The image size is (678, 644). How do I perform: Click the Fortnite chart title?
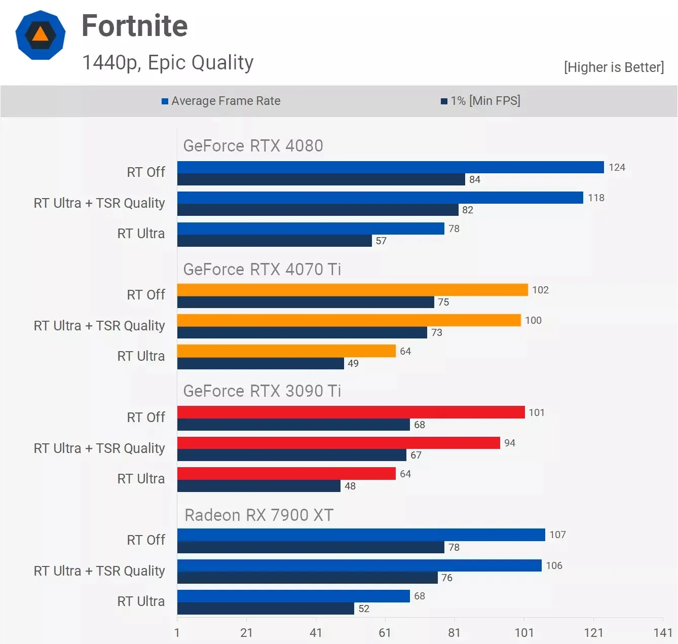[x=134, y=26]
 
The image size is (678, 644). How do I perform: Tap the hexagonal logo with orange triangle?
[x=41, y=35]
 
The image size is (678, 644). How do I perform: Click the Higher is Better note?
[x=613, y=67]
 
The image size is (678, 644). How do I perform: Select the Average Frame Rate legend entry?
[x=221, y=101]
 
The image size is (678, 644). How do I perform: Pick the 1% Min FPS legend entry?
[x=480, y=101]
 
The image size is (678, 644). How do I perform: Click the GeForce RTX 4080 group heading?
[x=253, y=146]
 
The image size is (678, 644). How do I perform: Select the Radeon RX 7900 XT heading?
[x=258, y=515]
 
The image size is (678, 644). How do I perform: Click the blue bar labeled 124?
[x=390, y=167]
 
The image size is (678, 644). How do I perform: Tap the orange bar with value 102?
[x=352, y=290]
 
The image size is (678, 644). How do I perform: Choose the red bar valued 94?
[x=338, y=443]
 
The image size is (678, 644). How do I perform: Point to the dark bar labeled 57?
[x=274, y=241]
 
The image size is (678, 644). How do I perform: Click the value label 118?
[x=596, y=198]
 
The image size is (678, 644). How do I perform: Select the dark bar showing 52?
[x=266, y=609]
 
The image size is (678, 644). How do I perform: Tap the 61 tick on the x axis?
[x=385, y=632]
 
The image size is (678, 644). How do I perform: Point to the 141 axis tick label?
[x=662, y=632]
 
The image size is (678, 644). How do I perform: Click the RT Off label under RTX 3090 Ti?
[x=146, y=417]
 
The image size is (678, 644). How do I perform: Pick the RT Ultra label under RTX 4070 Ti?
[x=141, y=356]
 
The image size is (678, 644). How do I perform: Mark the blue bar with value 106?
[x=359, y=565]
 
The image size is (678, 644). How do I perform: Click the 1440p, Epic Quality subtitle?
[x=168, y=62]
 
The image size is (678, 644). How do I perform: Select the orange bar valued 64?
[x=286, y=351]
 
